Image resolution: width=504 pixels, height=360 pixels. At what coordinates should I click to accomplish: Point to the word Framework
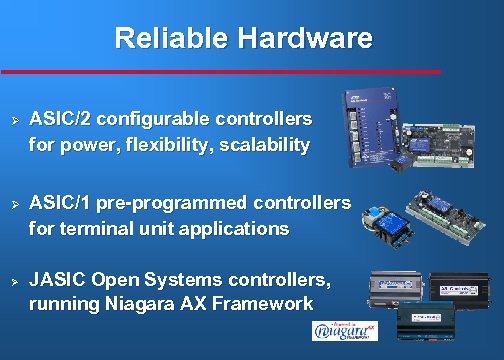(266, 303)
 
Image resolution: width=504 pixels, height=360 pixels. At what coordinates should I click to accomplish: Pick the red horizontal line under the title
(220, 72)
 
